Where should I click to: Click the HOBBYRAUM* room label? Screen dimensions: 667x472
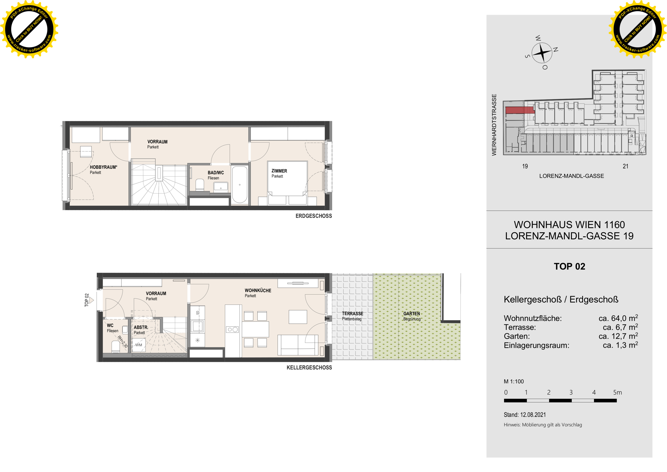pyautogui.click(x=103, y=167)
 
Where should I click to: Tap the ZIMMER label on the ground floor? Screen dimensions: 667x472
pyautogui.click(x=279, y=171)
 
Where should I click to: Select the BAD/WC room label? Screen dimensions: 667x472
pyautogui.click(x=216, y=173)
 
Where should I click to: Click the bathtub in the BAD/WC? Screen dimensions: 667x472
pyautogui.click(x=240, y=185)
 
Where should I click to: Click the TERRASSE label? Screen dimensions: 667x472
pyautogui.click(x=352, y=314)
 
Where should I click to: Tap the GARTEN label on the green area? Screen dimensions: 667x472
pyautogui.click(x=412, y=314)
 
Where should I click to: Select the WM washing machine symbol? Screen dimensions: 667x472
pyautogui.click(x=139, y=345)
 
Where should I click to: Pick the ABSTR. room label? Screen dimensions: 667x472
pyautogui.click(x=141, y=327)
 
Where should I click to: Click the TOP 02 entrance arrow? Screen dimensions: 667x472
pyautogui.click(x=91, y=300)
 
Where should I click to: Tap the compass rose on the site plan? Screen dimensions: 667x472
pyautogui.click(x=542, y=53)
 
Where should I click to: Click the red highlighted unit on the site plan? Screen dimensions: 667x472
pyautogui.click(x=520, y=110)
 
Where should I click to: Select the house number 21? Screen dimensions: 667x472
pyautogui.click(x=625, y=166)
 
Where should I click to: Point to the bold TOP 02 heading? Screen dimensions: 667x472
pyautogui.click(x=569, y=267)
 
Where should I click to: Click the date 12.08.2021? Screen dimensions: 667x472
pyautogui.click(x=533, y=415)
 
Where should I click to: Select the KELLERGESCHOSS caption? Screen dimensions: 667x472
pyautogui.click(x=309, y=368)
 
